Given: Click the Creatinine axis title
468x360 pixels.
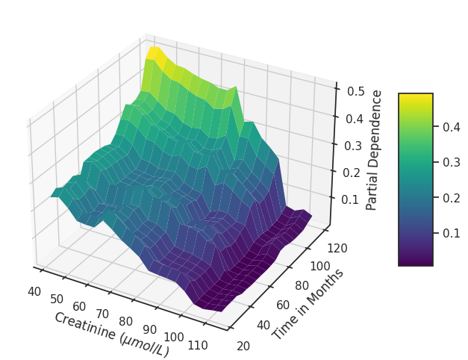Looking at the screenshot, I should pos(111,334).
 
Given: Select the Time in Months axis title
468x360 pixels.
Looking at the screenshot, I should pos(308,303).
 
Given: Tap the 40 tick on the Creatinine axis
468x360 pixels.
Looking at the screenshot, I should pos(34,291).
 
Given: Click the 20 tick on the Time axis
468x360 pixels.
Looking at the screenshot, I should pos(243,345).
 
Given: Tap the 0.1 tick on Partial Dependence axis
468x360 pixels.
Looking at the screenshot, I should pos(349,199).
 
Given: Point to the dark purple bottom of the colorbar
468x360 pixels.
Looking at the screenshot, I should pos(415,262).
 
